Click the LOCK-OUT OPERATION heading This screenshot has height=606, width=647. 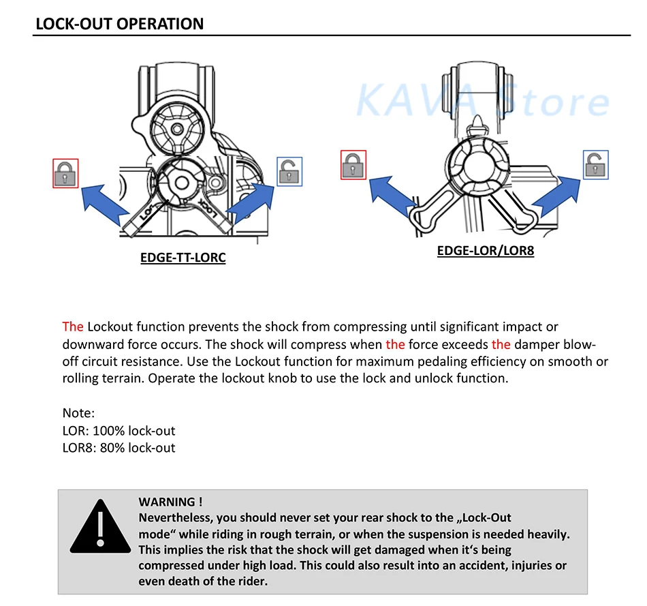[x=119, y=24]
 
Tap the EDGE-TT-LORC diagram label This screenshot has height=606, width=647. [x=182, y=258]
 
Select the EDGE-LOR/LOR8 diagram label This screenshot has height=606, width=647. [x=485, y=250]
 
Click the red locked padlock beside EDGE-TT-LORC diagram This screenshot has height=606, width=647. [x=66, y=173]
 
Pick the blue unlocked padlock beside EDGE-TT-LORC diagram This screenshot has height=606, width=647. [x=289, y=171]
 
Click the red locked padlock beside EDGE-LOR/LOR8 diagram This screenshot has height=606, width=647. [x=353, y=165]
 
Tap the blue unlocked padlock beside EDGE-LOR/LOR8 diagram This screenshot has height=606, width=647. [x=596, y=165]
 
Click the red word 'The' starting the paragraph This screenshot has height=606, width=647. [x=73, y=327]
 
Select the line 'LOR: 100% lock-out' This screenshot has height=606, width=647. [x=119, y=431]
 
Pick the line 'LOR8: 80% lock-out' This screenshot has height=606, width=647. [x=119, y=448]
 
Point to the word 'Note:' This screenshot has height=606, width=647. [x=78, y=413]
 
